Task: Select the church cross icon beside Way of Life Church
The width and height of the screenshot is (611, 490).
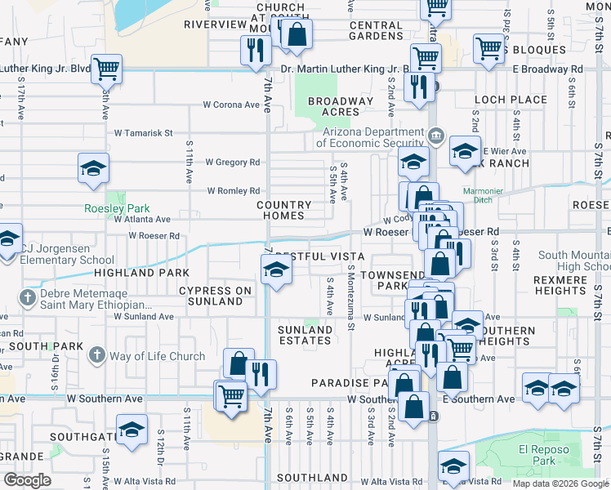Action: [x=97, y=354]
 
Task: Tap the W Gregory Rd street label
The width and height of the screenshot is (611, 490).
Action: [x=232, y=163]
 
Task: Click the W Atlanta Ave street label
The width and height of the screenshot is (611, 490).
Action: [x=142, y=219]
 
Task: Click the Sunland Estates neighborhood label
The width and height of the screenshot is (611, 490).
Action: [x=305, y=335]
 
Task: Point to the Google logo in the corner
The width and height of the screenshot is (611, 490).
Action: [x=27, y=480]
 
